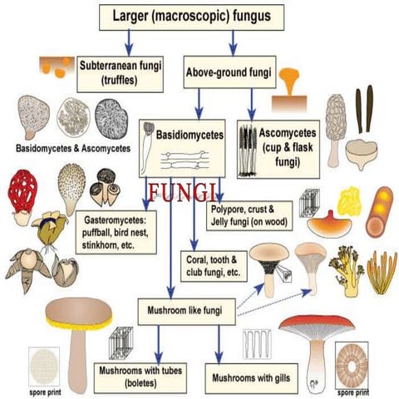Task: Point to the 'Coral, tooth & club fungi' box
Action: click(212, 265)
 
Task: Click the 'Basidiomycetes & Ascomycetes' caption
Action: click(73, 148)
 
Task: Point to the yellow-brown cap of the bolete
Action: click(78, 313)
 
